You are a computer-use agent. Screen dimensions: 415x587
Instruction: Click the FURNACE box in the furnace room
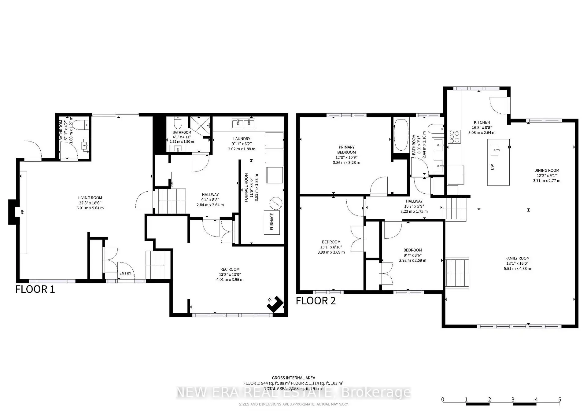pos(272,222)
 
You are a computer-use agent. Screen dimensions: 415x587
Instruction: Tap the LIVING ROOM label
pos(90,198)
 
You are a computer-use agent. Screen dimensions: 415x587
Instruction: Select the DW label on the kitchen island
pos(492,167)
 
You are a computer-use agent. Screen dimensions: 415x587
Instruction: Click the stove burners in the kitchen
pos(454,137)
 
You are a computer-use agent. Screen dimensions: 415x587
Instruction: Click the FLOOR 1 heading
pos(35,289)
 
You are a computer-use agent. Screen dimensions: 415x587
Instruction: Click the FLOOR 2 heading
pos(316,301)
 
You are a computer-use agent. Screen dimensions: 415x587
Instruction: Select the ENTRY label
pos(125,273)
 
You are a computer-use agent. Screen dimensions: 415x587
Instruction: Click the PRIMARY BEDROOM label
pos(346,150)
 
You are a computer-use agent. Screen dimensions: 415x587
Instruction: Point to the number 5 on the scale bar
pos(559,399)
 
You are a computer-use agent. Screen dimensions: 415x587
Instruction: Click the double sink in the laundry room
pos(243,124)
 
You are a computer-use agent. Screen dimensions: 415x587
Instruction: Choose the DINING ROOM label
pos(547,171)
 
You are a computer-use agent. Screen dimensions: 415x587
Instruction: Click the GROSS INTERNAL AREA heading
pos(293,378)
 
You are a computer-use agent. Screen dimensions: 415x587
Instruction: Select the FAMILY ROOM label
pos(517,258)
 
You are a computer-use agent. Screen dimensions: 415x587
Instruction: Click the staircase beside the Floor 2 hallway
pos(454,209)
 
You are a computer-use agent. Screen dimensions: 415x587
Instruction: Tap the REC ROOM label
pos(230,269)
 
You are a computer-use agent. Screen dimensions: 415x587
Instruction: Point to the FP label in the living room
pos(23,212)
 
